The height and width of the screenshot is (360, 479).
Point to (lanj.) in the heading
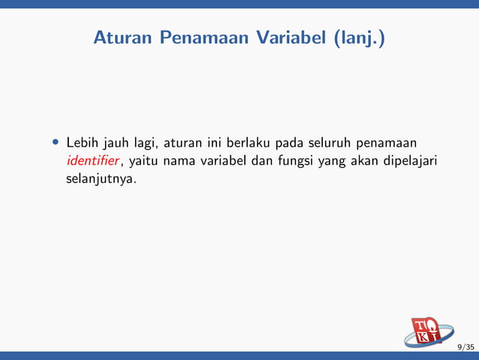[x=358, y=37]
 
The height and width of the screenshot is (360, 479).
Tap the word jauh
[x=116, y=143]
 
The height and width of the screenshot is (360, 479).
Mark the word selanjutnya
[x=102, y=180]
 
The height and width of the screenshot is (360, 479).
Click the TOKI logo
[x=429, y=332]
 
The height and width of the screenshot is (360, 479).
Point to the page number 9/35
[x=465, y=346]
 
